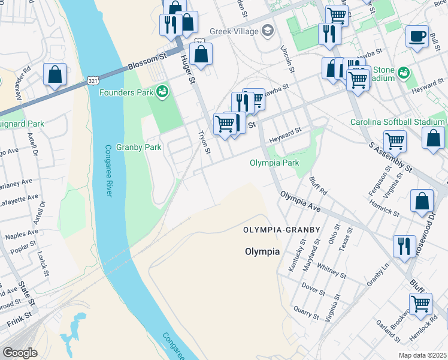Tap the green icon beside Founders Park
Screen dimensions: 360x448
(x=161, y=91)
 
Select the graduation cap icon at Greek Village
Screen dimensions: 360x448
(x=268, y=31)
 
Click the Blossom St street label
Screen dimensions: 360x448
(x=146, y=61)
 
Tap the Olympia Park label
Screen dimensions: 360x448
(x=274, y=163)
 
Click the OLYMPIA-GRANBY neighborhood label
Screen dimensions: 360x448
(x=282, y=230)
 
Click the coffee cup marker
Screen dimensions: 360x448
(x=417, y=36)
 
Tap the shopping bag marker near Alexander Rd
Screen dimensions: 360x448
(x=55, y=75)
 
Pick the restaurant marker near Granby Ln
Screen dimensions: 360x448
(x=404, y=246)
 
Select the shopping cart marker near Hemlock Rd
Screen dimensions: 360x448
(x=420, y=304)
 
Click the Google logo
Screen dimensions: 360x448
(x=20, y=352)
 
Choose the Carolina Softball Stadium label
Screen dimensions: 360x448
(x=398, y=122)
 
